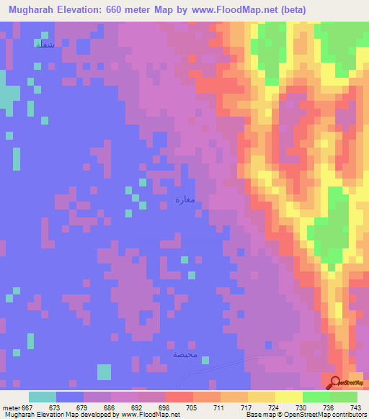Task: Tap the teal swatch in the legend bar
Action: coord(43,397)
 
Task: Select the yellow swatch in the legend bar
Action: coord(288,397)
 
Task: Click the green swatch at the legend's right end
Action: coord(344,397)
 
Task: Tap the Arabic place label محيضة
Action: coord(184,355)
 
